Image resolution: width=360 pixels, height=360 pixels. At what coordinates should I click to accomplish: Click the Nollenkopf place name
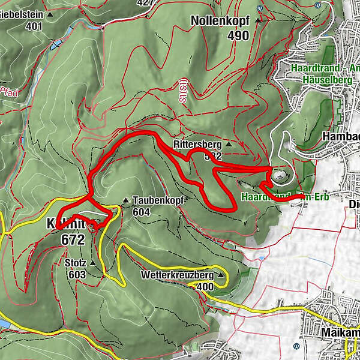click(x=221, y=20)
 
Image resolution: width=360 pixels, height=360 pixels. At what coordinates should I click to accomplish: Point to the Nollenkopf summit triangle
click(x=258, y=20)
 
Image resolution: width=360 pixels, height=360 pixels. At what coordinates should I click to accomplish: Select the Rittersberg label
click(x=197, y=145)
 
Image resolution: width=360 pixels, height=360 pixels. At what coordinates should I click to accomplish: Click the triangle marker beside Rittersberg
click(x=228, y=145)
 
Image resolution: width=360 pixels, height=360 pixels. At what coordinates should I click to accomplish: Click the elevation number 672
click(x=73, y=239)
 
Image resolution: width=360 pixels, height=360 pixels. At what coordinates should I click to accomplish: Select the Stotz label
click(x=75, y=263)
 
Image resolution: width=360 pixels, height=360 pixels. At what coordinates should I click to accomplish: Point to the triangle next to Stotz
click(x=92, y=263)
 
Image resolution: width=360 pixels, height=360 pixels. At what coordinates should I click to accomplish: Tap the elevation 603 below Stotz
click(x=77, y=274)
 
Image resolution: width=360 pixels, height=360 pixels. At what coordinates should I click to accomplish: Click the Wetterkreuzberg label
click(x=177, y=275)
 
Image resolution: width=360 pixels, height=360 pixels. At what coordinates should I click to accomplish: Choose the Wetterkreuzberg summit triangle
click(x=221, y=275)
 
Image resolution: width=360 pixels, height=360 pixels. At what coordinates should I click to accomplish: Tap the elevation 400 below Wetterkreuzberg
click(x=204, y=287)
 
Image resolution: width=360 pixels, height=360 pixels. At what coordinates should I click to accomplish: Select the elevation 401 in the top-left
click(x=34, y=26)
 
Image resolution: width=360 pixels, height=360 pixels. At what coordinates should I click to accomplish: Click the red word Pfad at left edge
click(x=7, y=91)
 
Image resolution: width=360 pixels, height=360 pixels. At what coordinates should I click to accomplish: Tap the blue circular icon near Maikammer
click(x=296, y=346)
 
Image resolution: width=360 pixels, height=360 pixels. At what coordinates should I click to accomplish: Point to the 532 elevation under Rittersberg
click(x=213, y=156)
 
